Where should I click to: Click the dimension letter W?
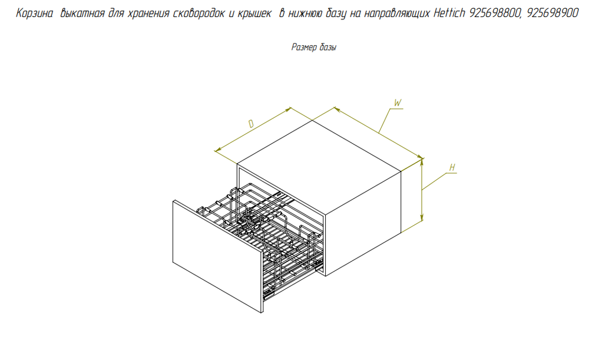pos(398,103)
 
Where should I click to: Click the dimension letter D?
pos(252,124)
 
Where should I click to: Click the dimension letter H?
pos(452,167)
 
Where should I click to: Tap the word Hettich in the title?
pos(449,14)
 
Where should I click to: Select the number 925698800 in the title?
pos(495,14)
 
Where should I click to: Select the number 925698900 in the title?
pos(552,14)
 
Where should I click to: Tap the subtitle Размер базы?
pos(314,47)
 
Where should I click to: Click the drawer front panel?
pos(217,256)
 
